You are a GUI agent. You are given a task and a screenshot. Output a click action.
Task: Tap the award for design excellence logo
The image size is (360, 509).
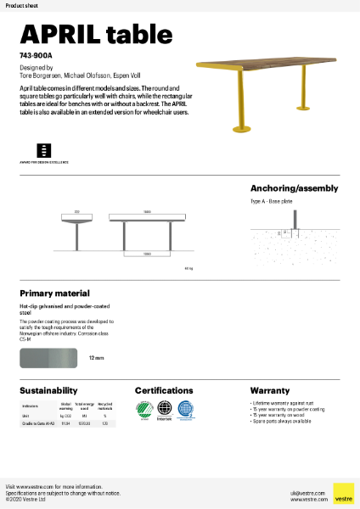coord(45,149)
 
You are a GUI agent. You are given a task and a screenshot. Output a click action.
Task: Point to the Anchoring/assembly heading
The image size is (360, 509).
coord(294,188)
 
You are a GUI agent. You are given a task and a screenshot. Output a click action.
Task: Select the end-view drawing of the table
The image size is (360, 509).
coord(76,229)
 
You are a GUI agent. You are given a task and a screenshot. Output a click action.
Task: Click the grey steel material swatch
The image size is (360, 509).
coord(49,359)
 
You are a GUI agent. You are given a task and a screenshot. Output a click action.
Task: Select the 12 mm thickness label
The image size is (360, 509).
coord(96,359)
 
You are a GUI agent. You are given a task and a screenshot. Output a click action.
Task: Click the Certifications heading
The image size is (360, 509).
coord(169,391)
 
